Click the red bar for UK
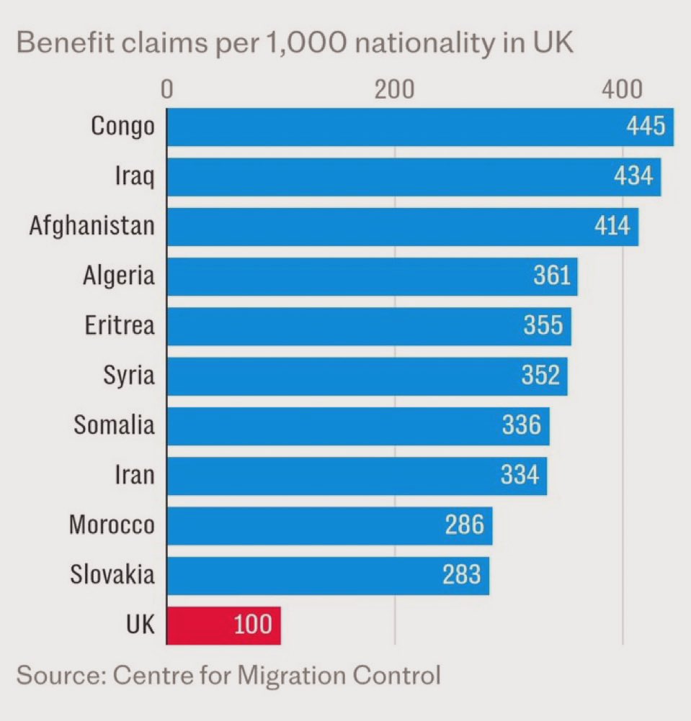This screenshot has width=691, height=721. point(223,625)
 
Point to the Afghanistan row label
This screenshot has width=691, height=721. point(92,225)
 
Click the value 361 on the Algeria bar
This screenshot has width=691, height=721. point(551,276)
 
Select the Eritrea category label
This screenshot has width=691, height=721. point(119,325)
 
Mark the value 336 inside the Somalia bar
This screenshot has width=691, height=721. point(521,425)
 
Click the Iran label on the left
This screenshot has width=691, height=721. point(135,475)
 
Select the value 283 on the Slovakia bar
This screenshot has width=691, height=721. point(461,574)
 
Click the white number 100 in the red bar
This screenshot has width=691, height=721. point(253,625)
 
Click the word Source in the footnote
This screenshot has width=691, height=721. point(57,676)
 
